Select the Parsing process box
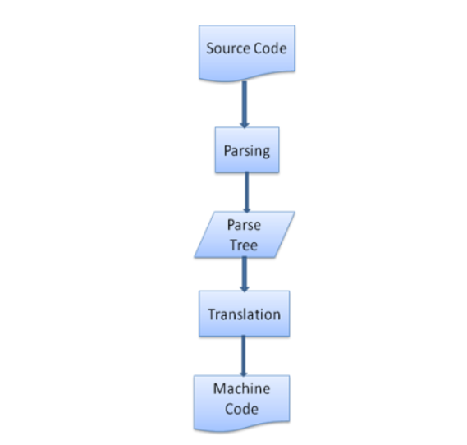click(247, 149)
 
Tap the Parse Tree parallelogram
click(245, 235)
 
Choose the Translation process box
click(245, 314)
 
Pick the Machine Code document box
click(241, 403)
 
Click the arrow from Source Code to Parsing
click(245, 104)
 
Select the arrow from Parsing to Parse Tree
click(246, 192)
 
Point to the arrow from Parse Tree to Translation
click(245, 274)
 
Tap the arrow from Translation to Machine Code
click(243, 356)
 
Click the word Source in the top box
click(222, 48)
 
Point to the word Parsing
click(247, 151)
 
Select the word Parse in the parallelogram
click(244, 225)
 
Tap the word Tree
click(244, 245)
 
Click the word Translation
click(245, 314)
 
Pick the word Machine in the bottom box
click(241, 388)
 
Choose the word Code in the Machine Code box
click(241, 409)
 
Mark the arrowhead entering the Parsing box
click(245, 125)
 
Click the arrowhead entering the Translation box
click(245, 289)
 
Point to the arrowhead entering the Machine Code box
click(243, 374)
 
